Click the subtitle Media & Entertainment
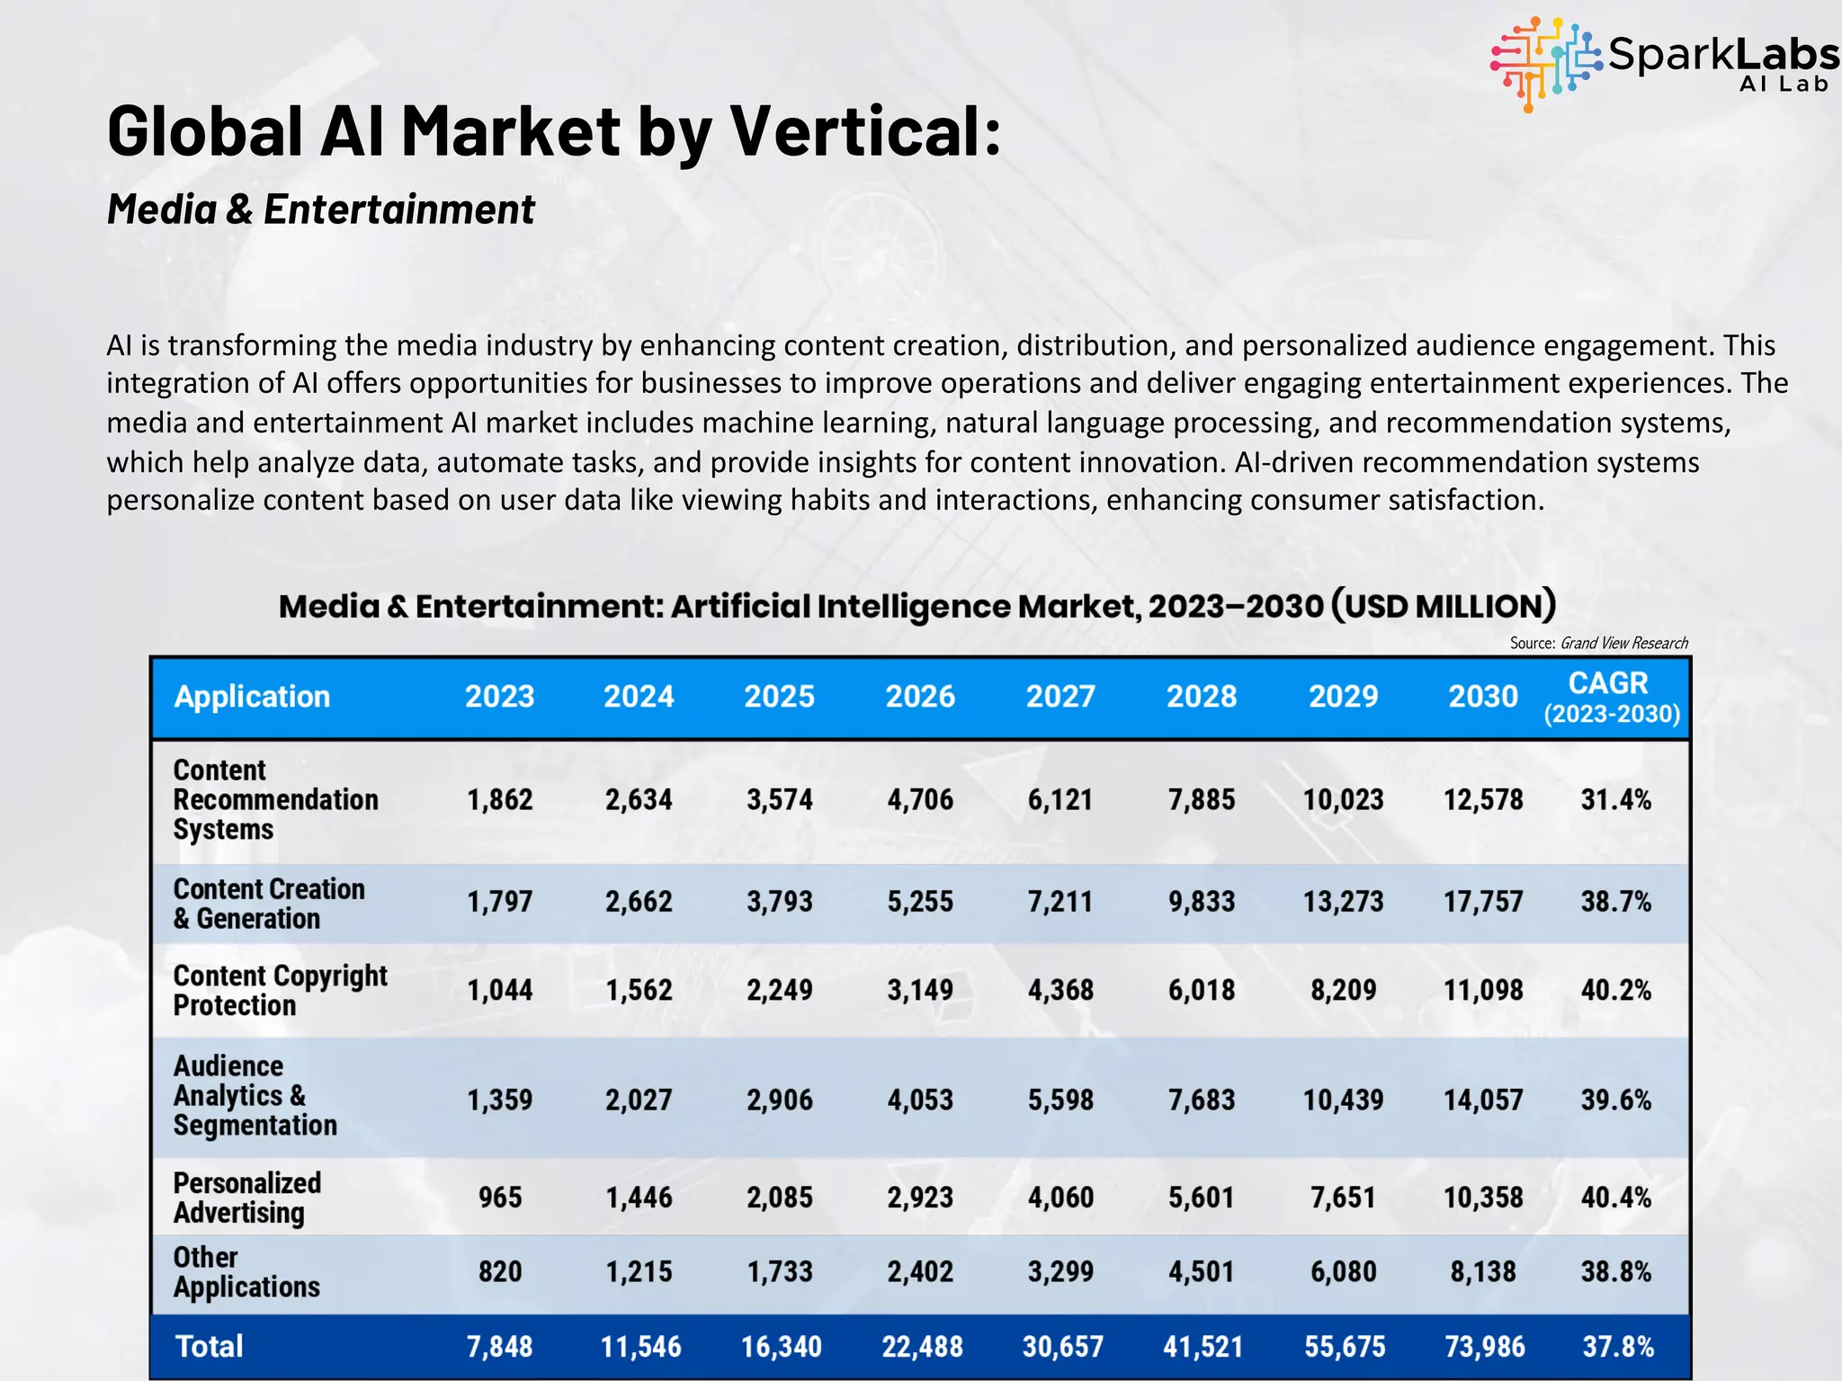320,209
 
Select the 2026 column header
920,697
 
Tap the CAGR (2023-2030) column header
1611,698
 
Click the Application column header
252,697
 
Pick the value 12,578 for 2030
1483,799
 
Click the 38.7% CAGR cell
1615,901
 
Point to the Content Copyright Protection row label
280,990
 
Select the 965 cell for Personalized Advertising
500,1198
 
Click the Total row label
209,1346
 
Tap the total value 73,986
1484,1346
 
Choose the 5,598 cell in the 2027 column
1060,1100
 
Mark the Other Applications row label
246,1271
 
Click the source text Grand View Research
1623,643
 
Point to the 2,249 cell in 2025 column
779,990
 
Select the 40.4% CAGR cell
1615,1198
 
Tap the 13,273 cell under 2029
1343,901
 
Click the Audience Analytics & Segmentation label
255,1096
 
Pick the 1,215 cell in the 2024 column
639,1271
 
